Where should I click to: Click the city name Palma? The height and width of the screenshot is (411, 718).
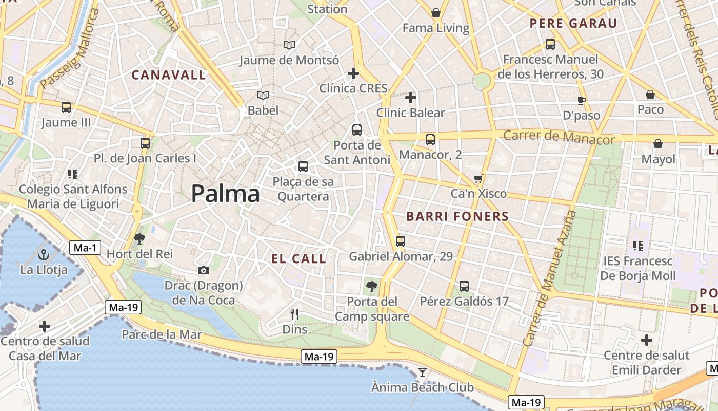(x=225, y=194)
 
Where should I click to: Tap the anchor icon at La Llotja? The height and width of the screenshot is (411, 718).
(x=44, y=255)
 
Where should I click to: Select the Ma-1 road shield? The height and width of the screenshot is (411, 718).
(x=85, y=248)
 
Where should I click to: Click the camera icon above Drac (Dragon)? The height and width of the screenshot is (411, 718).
(x=204, y=270)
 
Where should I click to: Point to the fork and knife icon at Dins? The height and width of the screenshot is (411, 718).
(x=294, y=314)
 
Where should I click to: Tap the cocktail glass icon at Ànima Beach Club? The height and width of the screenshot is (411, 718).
(x=422, y=372)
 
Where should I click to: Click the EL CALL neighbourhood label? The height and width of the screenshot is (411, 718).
(x=298, y=259)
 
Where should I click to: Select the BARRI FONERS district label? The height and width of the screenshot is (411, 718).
(x=457, y=216)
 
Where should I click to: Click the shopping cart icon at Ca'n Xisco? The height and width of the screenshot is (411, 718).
(x=478, y=179)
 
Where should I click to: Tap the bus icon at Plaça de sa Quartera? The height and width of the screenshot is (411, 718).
(x=303, y=166)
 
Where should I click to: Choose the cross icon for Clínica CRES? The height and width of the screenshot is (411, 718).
(x=353, y=73)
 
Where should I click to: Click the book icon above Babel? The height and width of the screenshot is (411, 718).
(x=263, y=96)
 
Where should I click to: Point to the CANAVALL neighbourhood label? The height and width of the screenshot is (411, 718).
(x=169, y=75)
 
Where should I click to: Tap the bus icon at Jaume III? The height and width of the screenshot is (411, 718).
(x=66, y=107)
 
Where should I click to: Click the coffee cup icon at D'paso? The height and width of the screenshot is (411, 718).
(x=581, y=100)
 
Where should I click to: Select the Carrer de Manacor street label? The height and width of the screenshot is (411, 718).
(x=559, y=137)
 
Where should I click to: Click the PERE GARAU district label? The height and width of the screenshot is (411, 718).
(x=573, y=23)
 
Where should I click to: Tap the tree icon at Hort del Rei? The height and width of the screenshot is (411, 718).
(x=139, y=239)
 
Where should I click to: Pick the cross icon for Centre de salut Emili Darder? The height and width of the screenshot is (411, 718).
(x=647, y=340)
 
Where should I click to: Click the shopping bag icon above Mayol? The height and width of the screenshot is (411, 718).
(x=658, y=144)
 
